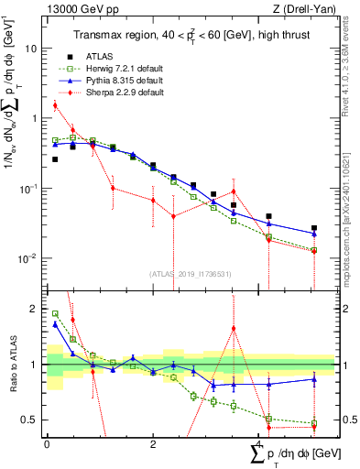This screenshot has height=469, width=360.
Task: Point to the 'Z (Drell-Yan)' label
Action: point(311,10)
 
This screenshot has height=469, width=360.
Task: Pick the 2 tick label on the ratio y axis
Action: point(35,309)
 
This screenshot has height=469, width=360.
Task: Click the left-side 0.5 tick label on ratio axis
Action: point(31,420)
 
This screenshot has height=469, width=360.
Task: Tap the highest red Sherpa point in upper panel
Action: point(55,105)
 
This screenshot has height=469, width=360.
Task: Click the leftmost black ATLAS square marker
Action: point(55,159)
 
